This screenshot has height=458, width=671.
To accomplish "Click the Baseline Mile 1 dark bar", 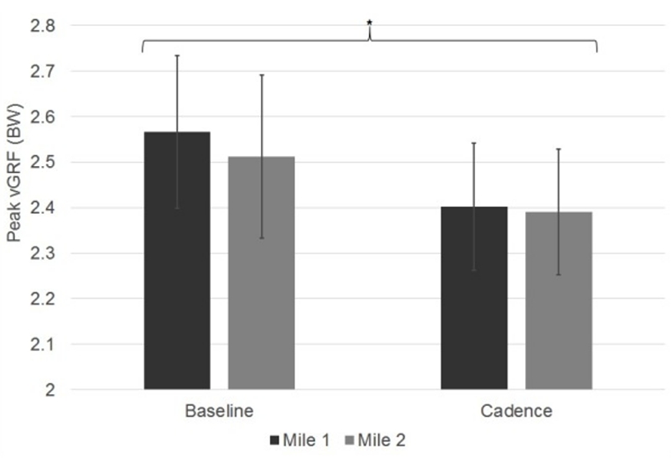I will [x=176, y=268].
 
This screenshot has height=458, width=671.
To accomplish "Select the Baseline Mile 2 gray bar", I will [x=261, y=277].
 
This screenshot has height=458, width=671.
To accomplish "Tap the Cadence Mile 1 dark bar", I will [x=474, y=302].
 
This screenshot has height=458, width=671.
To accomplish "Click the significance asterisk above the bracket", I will [x=369, y=23].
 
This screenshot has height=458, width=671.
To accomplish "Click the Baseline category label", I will [x=219, y=412].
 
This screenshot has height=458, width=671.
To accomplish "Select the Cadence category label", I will [x=517, y=412].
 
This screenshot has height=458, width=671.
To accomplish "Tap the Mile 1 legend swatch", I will [x=274, y=439].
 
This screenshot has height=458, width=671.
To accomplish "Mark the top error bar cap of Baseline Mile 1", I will [x=176, y=55].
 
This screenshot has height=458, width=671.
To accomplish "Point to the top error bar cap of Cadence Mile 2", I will [x=559, y=148].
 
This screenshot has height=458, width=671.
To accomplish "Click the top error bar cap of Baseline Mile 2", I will [x=261, y=75].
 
